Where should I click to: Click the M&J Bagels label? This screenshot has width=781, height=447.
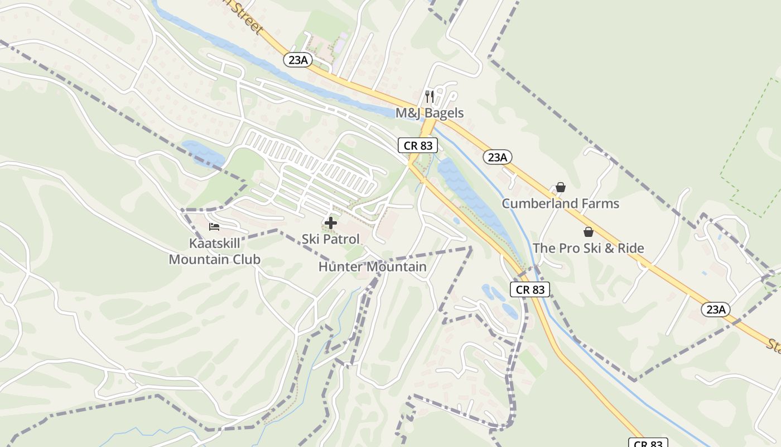[430, 113]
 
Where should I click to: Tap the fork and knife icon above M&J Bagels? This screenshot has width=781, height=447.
[429, 97]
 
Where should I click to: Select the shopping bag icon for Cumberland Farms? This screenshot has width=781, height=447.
[561, 187]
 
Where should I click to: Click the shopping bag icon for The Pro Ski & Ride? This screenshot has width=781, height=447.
[588, 232]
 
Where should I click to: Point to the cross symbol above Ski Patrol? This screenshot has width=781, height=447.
[331, 223]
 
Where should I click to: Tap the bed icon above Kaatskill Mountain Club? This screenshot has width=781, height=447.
[214, 227]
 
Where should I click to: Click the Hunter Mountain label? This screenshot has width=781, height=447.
[372, 267]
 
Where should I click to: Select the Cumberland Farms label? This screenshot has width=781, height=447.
[560, 203]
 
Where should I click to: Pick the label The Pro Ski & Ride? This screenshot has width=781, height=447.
[588, 248]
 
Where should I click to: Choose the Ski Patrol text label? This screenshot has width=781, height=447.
[331, 239]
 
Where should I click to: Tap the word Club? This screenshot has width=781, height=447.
[246, 259]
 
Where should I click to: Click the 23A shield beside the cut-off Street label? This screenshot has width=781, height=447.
[297, 60]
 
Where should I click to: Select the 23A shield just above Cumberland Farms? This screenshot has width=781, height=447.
[497, 157]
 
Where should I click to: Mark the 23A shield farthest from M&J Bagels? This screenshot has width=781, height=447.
[716, 309]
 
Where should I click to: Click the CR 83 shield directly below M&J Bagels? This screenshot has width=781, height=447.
[418, 145]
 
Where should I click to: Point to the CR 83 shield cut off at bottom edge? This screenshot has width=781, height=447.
[648, 443]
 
